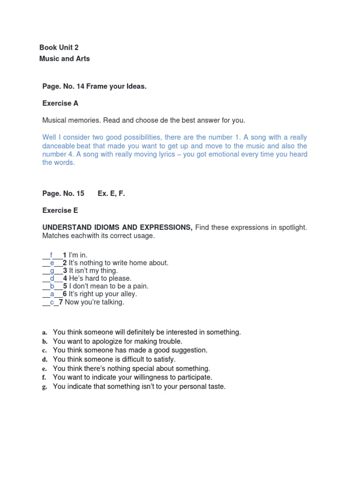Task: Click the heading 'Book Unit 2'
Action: point(59,48)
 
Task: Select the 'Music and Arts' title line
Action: point(65,59)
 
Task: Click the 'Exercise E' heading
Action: point(60,210)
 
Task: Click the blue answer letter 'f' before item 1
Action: point(52,255)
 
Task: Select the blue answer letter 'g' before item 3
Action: point(52,271)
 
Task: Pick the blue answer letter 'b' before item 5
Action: point(52,286)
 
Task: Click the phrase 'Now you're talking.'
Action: point(94,302)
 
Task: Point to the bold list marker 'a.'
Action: point(45,332)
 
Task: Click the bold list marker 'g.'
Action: point(45,387)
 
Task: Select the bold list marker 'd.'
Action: point(45,360)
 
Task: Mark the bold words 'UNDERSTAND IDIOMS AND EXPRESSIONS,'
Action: point(117,227)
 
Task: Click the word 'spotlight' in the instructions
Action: point(292,227)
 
